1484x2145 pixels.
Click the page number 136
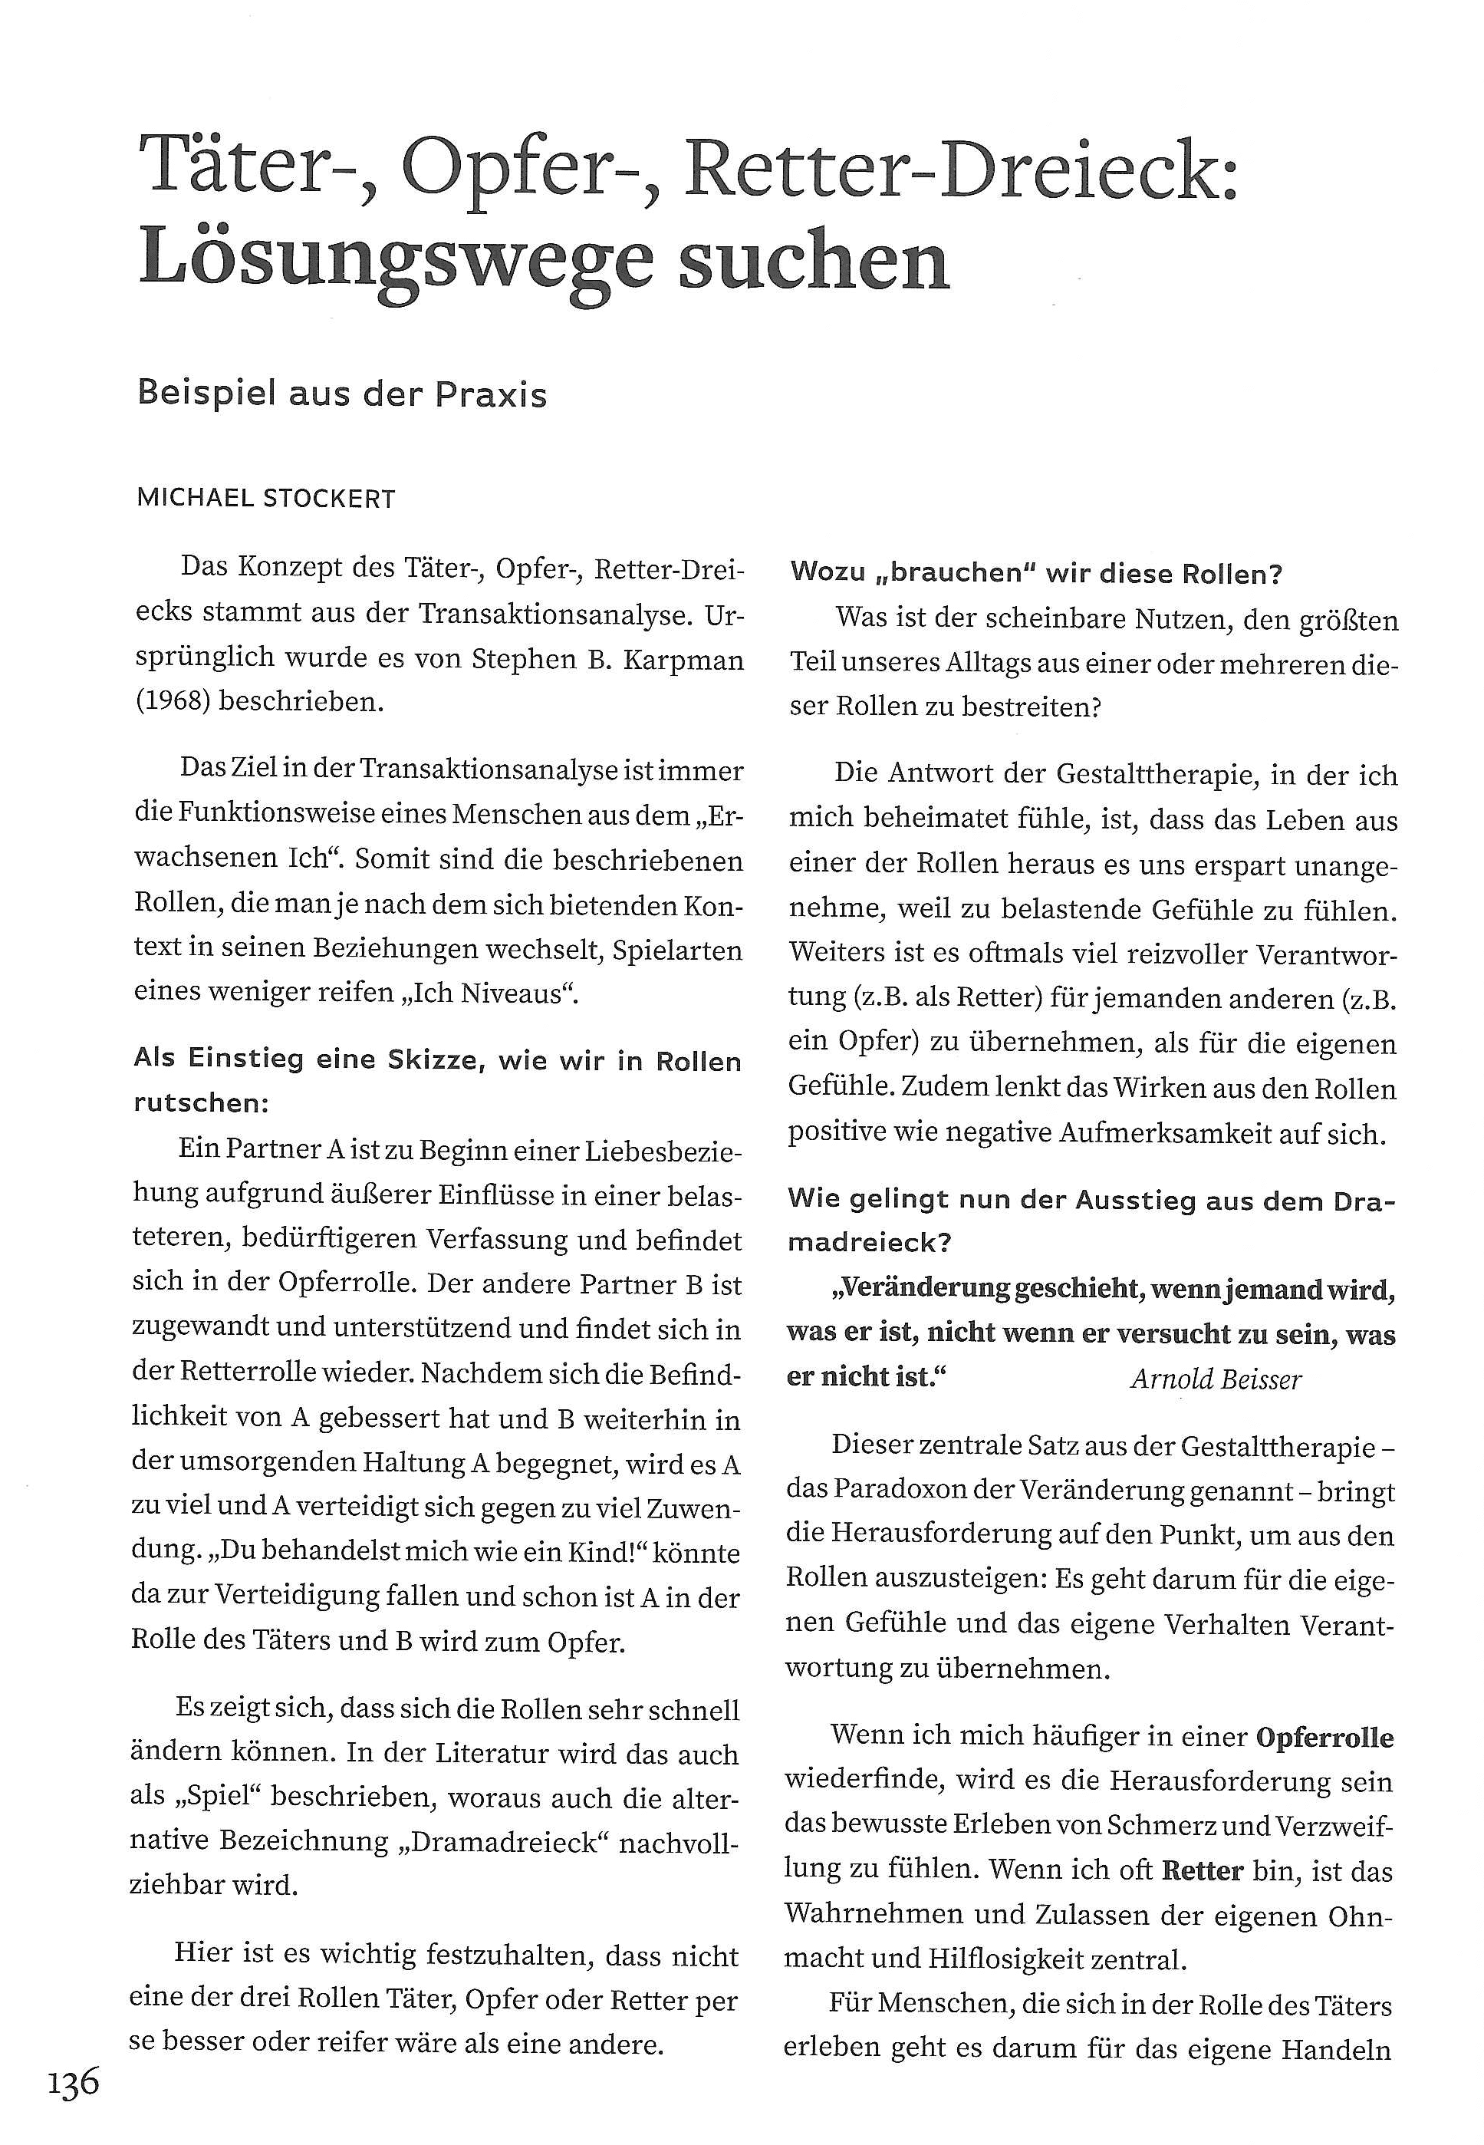pos(74,2082)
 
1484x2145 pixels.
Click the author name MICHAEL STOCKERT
pos(266,499)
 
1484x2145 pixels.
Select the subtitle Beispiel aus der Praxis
pos(341,394)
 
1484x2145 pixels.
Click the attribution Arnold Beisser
pos(1216,1379)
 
